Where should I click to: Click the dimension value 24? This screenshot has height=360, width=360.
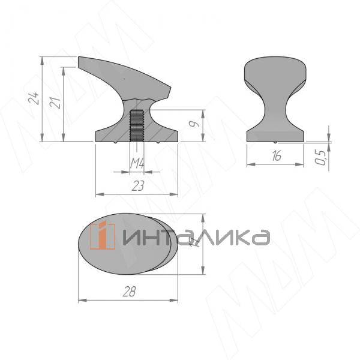point(34,98)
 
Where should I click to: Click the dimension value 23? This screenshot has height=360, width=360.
point(137,186)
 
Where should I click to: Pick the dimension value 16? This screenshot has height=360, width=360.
point(275,156)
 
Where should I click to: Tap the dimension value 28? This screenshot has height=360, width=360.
point(128,292)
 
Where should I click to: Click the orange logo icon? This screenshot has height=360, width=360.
point(103,236)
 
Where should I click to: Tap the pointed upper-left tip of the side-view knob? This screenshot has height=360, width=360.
point(80,58)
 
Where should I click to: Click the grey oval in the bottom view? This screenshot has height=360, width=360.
point(126,247)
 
